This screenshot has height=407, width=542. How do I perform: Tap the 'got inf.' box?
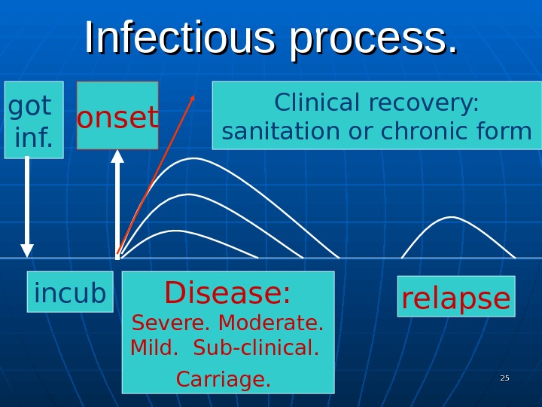point(33,120)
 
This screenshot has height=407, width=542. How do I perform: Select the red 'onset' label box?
point(117,116)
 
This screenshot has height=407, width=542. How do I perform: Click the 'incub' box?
point(70,292)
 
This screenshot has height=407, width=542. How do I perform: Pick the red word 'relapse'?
point(455,298)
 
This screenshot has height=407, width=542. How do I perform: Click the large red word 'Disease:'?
point(227,293)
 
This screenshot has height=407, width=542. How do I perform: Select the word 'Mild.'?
point(154,350)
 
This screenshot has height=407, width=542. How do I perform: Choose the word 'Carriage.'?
point(223,379)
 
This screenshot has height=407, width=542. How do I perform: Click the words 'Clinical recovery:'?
point(376,103)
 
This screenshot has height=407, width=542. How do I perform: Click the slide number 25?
point(504,378)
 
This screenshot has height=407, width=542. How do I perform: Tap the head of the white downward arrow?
point(27,250)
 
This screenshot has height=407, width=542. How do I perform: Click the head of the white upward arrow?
point(117,156)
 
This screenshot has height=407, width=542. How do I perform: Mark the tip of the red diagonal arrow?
point(193,96)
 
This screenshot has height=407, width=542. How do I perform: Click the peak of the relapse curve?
point(452,218)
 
